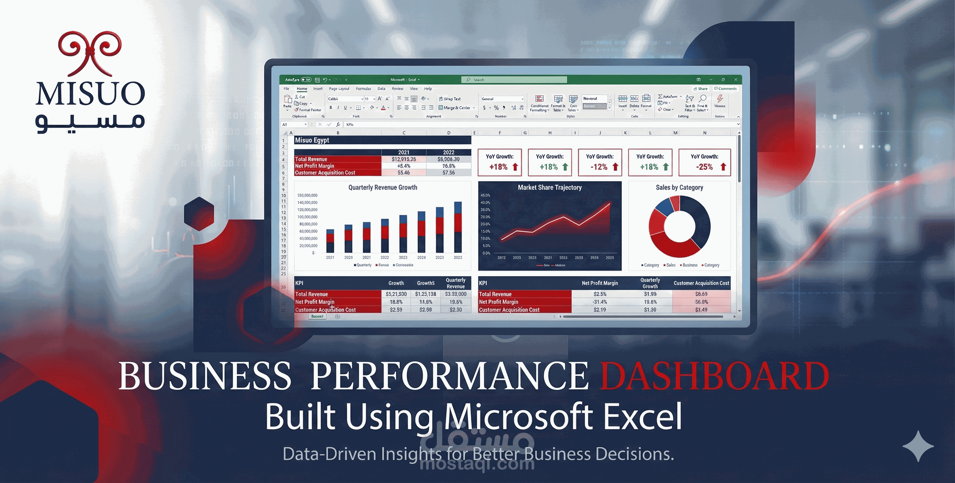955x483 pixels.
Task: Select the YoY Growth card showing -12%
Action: (600, 162)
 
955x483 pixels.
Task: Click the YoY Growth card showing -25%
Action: (704, 162)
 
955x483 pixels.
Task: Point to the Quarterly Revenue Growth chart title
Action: (383, 188)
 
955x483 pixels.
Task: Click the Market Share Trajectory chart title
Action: (549, 188)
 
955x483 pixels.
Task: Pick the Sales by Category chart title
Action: (679, 188)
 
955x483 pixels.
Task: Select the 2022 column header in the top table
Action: (449, 153)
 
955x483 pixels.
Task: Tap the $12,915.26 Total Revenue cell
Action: (404, 159)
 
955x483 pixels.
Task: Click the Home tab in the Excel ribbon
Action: (302, 89)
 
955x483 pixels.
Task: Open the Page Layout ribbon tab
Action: (339, 89)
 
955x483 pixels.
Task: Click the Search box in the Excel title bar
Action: (514, 80)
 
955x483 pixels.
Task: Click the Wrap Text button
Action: (450, 99)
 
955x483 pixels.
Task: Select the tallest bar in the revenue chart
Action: (458, 227)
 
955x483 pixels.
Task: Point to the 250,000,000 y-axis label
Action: (307, 196)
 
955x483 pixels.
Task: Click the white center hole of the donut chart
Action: (680, 226)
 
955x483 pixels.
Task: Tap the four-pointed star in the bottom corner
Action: (918, 446)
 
